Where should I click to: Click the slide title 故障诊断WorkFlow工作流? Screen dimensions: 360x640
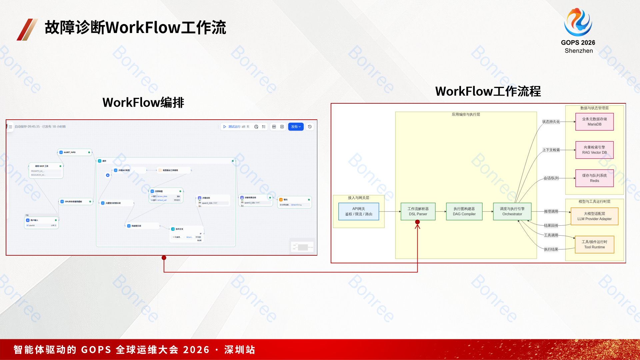(135, 27)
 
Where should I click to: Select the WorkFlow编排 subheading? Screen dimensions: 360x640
(143, 102)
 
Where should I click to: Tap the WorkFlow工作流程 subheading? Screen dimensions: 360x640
(488, 91)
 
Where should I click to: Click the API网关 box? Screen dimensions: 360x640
(359, 211)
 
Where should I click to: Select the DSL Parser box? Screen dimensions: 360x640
(418, 211)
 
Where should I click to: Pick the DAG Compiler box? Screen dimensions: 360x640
(464, 211)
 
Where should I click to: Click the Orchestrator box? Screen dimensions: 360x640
(512, 211)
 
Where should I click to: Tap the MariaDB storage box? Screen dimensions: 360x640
(594, 122)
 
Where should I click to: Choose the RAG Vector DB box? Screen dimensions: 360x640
(594, 150)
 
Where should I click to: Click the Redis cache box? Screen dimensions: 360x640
(594, 178)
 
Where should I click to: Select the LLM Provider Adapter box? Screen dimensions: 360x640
(594, 216)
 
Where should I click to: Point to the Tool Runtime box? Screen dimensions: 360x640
(594, 244)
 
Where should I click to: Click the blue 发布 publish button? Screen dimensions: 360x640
(295, 127)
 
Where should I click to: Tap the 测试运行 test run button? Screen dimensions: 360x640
(236, 127)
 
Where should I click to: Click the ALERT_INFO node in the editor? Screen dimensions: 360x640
(75, 152)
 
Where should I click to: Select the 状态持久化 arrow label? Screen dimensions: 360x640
(551, 122)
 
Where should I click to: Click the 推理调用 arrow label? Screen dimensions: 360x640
(551, 211)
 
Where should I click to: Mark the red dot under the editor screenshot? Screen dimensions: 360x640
(164, 258)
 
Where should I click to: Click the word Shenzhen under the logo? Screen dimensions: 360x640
(579, 51)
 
